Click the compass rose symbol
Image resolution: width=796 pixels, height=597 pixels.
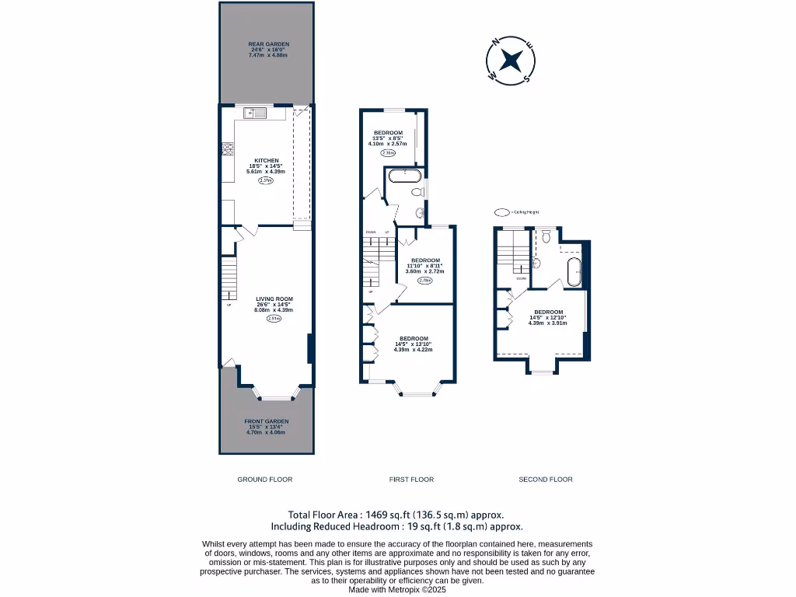[x=511, y=61]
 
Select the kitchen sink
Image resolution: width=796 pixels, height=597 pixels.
[x=254, y=113]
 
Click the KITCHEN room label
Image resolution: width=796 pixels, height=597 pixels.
[x=267, y=161]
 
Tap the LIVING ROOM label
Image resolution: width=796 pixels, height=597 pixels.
[x=274, y=298]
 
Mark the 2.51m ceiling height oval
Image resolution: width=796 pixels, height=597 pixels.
[x=274, y=318]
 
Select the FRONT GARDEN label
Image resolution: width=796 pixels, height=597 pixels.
[x=267, y=421]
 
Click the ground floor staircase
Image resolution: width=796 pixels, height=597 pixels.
[x=228, y=280]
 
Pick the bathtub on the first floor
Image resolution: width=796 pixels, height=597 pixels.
[x=404, y=175]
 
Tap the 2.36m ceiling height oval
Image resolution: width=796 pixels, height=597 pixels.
[x=388, y=153]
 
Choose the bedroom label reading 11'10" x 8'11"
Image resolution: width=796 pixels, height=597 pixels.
[x=425, y=260]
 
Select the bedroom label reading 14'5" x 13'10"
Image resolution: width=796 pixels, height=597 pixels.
[x=414, y=338]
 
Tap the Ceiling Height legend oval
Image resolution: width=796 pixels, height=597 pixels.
[x=502, y=211]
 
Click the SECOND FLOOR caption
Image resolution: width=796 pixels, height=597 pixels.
[x=545, y=480]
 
